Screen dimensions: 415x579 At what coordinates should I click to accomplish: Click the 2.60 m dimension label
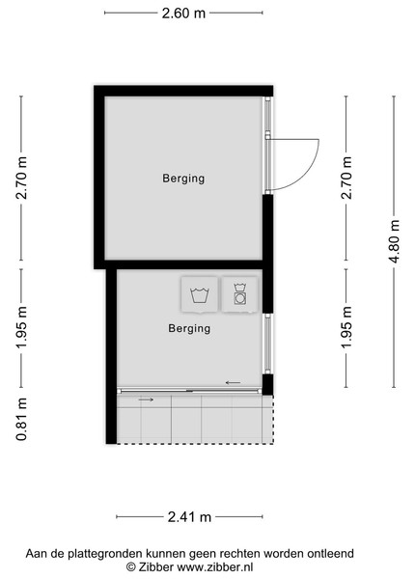click(x=183, y=14)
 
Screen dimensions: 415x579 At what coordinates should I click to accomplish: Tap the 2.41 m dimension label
click(x=189, y=516)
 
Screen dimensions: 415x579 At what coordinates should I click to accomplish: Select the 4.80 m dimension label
click(x=395, y=242)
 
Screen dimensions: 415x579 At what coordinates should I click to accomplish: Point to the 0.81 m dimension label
click(x=21, y=420)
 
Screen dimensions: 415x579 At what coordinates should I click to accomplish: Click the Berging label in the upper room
click(x=183, y=179)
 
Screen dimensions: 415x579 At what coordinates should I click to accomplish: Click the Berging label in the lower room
click(x=189, y=328)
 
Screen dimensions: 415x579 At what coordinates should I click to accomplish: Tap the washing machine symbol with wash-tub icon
click(x=200, y=295)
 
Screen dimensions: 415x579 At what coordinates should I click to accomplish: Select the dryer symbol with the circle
click(x=240, y=295)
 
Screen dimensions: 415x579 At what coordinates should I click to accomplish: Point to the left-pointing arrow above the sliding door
click(x=233, y=383)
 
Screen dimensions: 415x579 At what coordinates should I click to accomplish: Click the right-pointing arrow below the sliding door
click(x=146, y=400)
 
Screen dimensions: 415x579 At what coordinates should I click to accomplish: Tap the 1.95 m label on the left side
click(x=21, y=327)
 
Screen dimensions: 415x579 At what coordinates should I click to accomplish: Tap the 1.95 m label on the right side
click(x=346, y=327)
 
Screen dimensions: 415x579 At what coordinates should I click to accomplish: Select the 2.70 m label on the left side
click(x=21, y=178)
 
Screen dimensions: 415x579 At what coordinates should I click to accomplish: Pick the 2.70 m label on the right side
click(x=346, y=178)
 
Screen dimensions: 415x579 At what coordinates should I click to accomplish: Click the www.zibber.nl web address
click(x=215, y=566)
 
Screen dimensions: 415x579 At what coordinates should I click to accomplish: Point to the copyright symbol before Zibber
click(x=131, y=566)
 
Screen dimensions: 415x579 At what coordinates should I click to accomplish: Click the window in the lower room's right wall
click(x=268, y=344)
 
